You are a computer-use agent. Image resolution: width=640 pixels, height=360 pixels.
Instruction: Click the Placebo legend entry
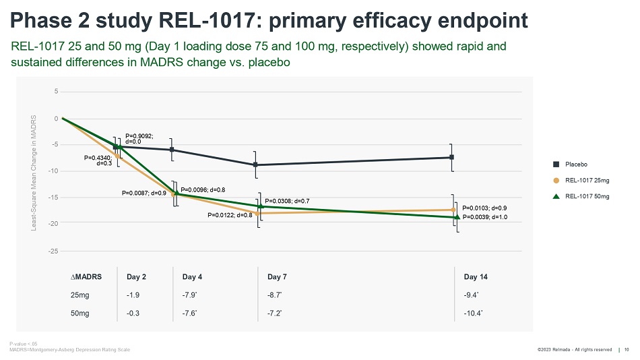point(576,164)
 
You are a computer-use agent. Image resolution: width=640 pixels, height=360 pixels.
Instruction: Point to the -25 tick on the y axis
point(54,251)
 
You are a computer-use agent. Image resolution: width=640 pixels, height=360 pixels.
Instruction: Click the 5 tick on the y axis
point(56,91)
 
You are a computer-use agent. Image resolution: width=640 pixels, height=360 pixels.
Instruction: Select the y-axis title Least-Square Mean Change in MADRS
point(34,173)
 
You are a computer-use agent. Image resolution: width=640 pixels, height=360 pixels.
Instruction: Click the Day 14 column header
point(476,277)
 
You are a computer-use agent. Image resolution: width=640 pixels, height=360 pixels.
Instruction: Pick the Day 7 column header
point(278,277)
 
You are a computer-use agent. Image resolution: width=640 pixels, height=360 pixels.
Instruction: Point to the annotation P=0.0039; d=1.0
point(484,217)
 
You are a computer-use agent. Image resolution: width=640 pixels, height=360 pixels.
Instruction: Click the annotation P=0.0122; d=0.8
point(230,216)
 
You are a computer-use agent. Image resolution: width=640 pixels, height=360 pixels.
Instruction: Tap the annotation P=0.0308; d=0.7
point(287,201)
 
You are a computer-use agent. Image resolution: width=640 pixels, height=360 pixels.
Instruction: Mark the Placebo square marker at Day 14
point(451,157)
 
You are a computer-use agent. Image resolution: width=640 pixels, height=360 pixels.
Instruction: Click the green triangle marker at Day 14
point(457,217)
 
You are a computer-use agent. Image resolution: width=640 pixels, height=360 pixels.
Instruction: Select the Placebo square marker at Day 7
point(255,164)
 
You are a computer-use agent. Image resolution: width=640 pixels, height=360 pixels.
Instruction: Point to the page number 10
point(627,349)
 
